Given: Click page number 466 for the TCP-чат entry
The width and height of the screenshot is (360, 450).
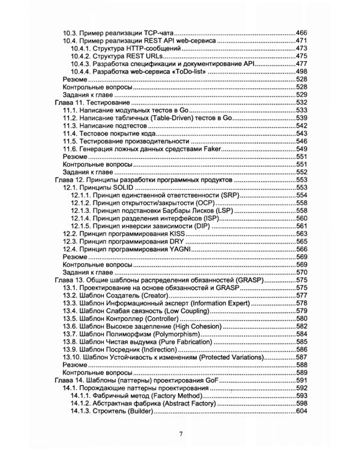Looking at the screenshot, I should [x=301, y=32].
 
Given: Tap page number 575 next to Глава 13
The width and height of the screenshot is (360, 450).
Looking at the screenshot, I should [x=301, y=280].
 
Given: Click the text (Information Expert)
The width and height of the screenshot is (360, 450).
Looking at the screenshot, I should [x=217, y=303].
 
